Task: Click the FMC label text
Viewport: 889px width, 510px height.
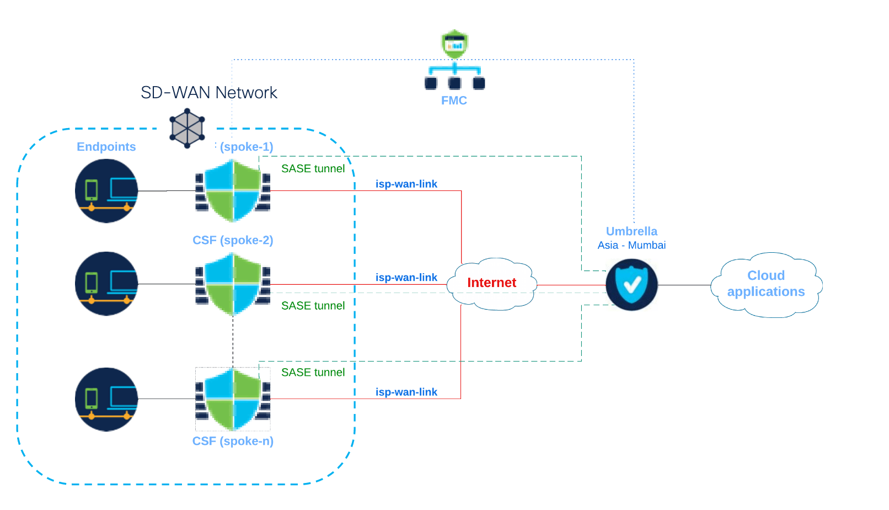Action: click(454, 100)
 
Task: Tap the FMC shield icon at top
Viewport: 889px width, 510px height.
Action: click(455, 44)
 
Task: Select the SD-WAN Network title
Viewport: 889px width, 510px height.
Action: click(209, 93)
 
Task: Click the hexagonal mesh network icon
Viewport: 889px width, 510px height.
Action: click(188, 128)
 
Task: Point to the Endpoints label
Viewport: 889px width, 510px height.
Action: click(106, 147)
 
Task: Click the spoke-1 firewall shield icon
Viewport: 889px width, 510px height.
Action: click(233, 190)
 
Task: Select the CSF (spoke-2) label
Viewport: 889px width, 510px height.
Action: click(233, 240)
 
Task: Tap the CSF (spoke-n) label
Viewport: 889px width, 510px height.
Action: click(233, 441)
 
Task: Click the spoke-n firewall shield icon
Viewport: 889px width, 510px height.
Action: click(233, 399)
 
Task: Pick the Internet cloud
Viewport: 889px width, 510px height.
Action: click(492, 283)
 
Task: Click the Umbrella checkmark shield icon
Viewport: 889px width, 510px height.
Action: click(631, 285)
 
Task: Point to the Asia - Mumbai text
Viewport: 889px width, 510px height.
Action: click(631, 245)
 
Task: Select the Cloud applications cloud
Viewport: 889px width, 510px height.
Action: click(766, 284)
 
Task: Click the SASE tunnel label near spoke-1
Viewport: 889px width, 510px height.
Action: click(313, 169)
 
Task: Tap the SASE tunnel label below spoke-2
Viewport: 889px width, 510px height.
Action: click(313, 306)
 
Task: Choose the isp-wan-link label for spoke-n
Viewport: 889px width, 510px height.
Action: click(406, 392)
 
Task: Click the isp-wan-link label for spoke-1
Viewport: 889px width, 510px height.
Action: click(406, 184)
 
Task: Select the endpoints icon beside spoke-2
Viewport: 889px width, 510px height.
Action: click(106, 284)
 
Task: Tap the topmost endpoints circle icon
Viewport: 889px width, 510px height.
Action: click(106, 191)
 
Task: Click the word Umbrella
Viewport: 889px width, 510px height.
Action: click(631, 231)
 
